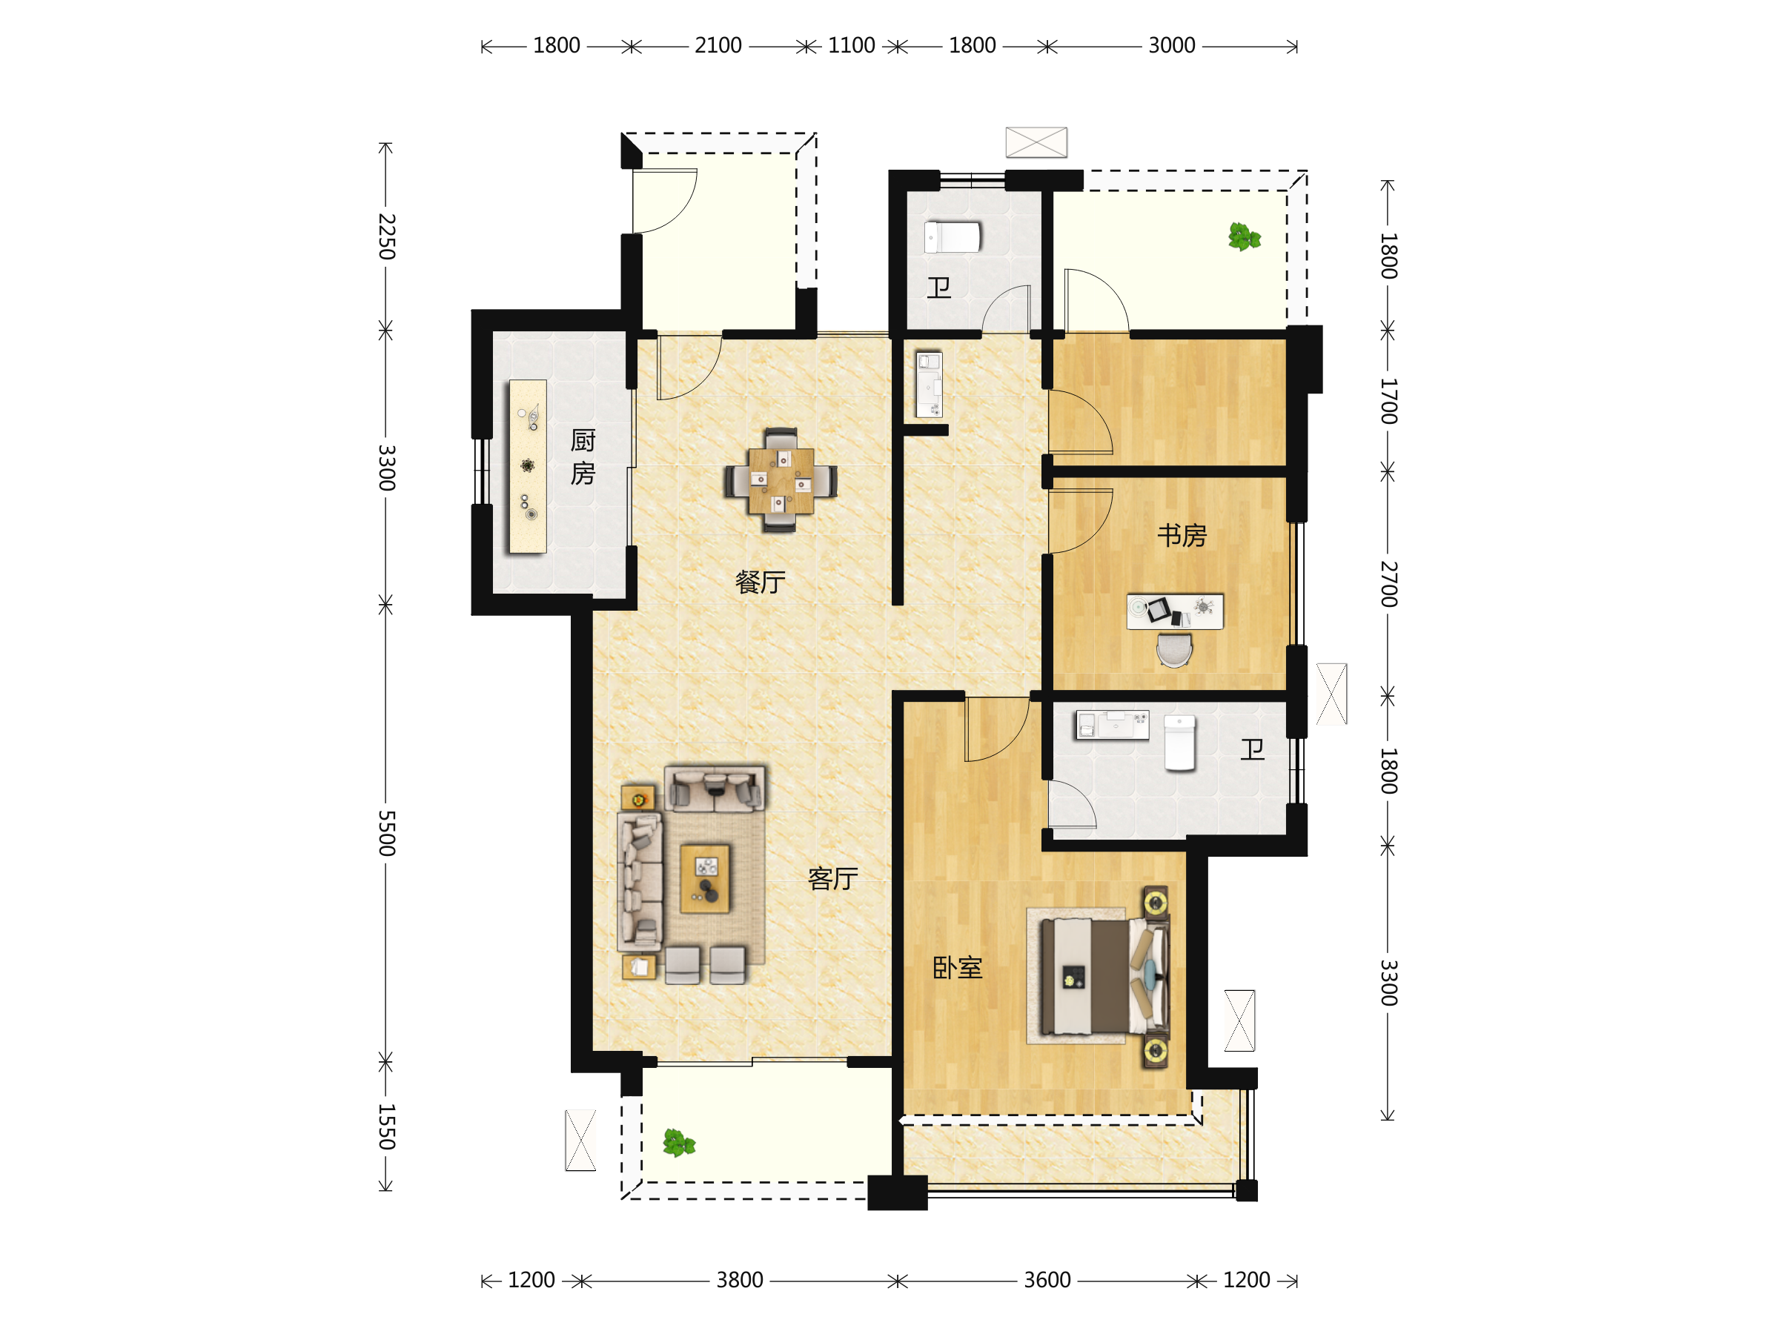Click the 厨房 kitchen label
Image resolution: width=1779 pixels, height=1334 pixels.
583,457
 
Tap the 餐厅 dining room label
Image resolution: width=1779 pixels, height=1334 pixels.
760,581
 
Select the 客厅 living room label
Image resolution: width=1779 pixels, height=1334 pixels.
832,879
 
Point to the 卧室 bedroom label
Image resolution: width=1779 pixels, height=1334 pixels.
957,967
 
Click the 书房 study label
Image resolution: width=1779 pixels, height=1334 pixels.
1182,536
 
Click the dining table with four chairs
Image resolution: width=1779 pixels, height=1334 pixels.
780,481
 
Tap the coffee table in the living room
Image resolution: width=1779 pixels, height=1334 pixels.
706,879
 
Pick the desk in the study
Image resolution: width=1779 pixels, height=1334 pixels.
1175,612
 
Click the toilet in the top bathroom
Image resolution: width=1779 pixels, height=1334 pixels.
953,237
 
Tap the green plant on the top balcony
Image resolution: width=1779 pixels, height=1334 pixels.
1244,237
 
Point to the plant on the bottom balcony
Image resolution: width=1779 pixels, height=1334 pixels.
679,1143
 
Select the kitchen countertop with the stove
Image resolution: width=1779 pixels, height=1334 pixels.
528,466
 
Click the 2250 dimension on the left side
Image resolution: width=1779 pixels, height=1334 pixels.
387,236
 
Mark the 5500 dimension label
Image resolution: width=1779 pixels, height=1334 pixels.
387,833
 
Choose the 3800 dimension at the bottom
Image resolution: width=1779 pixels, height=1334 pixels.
740,1280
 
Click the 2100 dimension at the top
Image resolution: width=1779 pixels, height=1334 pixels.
718,46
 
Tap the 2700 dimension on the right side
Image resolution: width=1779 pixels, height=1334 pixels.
1389,585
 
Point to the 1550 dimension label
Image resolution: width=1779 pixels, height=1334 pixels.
387,1126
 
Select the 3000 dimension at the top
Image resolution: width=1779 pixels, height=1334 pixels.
1172,46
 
